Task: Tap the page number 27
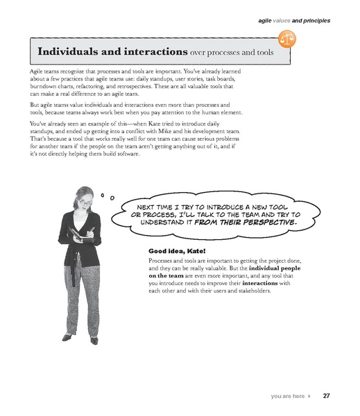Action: [x=326, y=397]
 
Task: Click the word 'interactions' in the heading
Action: [x=154, y=52]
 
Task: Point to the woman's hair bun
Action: [x=84, y=189]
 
